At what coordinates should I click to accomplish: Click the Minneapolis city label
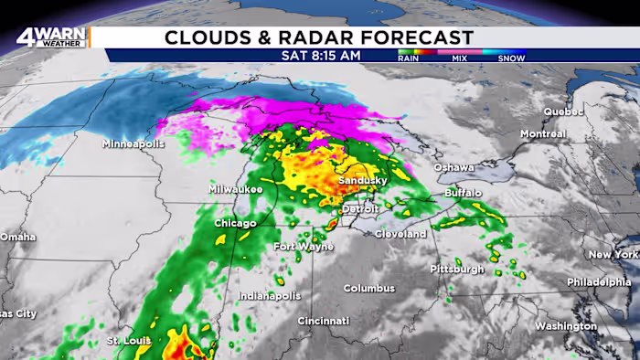pos(133,144)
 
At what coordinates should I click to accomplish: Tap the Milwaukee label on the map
pos(236,189)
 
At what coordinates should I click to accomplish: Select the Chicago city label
pos(235,223)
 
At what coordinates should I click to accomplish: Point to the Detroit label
pos(359,209)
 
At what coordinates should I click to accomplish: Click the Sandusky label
pos(363,181)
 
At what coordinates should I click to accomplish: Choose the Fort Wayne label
pos(304,247)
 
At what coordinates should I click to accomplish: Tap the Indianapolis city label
pos(270,296)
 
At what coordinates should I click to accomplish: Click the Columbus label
pos(369,288)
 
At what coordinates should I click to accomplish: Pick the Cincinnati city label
pos(323,321)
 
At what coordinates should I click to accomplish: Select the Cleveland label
pos(400,234)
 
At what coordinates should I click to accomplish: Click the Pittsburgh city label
pos(457,269)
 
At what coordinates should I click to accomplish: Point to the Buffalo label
pos(464,194)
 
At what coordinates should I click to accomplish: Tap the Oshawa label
pos(453,167)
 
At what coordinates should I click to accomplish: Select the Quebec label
pos(562,111)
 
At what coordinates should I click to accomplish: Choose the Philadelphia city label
pos(599,282)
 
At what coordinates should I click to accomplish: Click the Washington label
pos(566,325)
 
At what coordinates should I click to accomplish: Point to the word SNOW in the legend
pos(511,58)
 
